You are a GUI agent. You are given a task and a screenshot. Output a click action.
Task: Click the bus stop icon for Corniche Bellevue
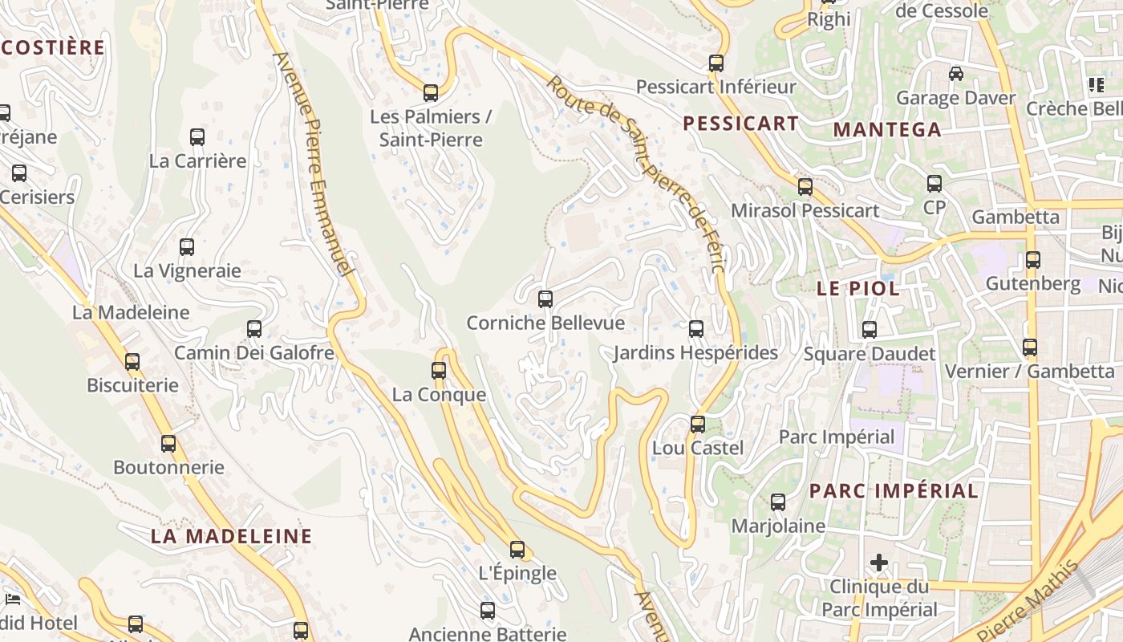pyautogui.click(x=545, y=299)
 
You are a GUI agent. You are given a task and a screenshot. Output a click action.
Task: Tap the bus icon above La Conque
pyautogui.click(x=439, y=371)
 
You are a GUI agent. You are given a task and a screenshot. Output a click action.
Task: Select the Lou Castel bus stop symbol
pyautogui.click(x=698, y=425)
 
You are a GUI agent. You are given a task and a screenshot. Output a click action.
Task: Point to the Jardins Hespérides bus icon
pyautogui.click(x=696, y=329)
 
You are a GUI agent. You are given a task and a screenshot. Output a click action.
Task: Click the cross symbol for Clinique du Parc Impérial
pyautogui.click(x=879, y=563)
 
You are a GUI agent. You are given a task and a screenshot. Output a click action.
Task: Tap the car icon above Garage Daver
pyautogui.click(x=956, y=74)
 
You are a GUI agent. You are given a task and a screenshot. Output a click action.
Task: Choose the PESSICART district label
pyautogui.click(x=740, y=124)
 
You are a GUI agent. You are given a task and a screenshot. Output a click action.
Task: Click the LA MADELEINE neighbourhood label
pyautogui.click(x=231, y=536)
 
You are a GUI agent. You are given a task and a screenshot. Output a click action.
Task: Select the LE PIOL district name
pyautogui.click(x=857, y=289)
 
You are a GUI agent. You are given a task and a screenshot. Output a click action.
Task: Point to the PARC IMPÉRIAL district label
pyautogui.click(x=894, y=491)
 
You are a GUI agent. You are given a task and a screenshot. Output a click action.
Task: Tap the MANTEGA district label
pyautogui.click(x=887, y=130)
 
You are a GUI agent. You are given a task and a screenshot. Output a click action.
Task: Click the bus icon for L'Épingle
pyautogui.click(x=517, y=550)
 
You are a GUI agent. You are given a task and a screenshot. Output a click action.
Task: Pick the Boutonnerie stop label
pyautogui.click(x=168, y=467)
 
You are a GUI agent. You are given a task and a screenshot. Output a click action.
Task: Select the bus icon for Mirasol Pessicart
pyautogui.click(x=805, y=187)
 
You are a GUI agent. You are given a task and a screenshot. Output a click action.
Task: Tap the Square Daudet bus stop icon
pyautogui.click(x=870, y=330)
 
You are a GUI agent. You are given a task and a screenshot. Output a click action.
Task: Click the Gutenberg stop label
pyautogui.click(x=1033, y=283)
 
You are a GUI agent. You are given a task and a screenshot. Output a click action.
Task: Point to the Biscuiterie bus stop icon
pyautogui.click(x=132, y=362)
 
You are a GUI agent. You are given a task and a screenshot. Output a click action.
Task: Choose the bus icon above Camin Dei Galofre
pyautogui.click(x=254, y=329)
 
